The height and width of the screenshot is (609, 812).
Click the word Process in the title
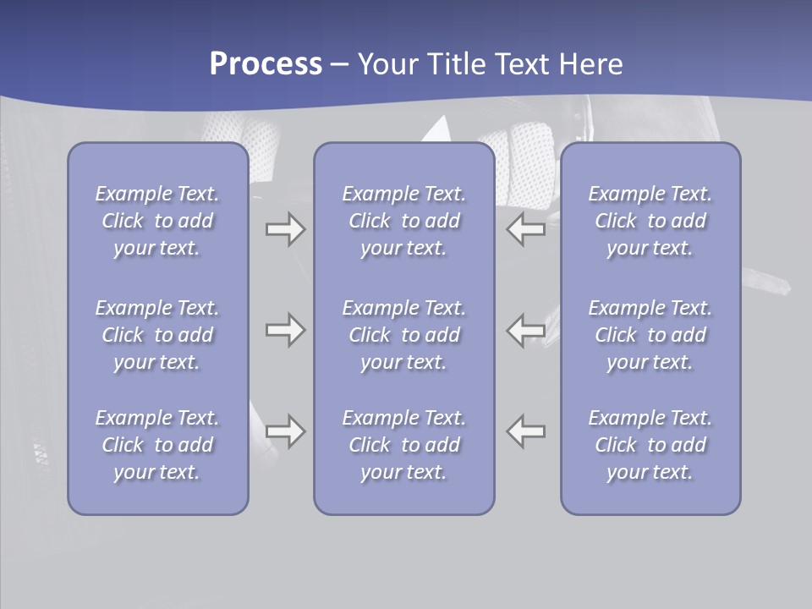266,64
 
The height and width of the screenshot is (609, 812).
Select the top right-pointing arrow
285,229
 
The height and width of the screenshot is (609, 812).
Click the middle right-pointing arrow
285,330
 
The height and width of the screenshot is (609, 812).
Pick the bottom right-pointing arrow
285,431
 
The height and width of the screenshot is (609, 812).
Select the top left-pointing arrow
526,229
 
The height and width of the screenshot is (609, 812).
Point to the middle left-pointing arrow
526,330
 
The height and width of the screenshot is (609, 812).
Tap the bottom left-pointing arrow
526,431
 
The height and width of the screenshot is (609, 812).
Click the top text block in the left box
157,221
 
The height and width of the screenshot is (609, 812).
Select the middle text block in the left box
157,335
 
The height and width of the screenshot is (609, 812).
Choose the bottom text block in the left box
157,445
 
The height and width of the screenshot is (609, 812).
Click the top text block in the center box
404,221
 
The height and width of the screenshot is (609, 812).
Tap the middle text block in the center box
404,335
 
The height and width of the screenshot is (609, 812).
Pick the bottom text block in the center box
404,445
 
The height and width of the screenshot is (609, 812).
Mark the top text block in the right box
650,221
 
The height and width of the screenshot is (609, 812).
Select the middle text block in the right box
650,335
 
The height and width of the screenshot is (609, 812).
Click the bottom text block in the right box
650,445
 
